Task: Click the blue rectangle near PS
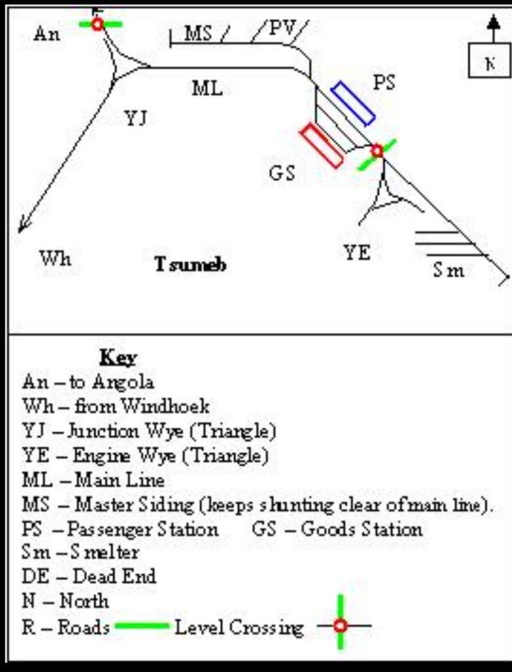(352, 103)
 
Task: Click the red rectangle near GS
(322, 146)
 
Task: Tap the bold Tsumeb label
(190, 264)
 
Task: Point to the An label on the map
(47, 34)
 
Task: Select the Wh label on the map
(55, 259)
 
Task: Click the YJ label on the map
(135, 119)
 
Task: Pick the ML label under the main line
(207, 88)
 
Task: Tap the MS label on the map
(198, 33)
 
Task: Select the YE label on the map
(357, 253)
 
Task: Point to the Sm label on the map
(448, 270)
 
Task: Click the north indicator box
(489, 64)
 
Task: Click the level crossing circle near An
(98, 24)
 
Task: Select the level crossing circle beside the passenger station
(377, 151)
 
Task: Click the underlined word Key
(118, 358)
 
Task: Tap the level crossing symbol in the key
(340, 625)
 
